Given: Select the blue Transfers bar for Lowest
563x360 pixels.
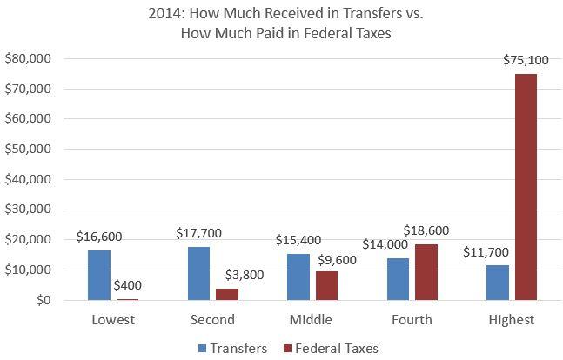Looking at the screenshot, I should pos(99,276).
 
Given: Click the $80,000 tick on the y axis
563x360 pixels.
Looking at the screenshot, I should pos(29,59).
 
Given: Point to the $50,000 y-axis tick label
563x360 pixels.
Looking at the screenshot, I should pos(29,150).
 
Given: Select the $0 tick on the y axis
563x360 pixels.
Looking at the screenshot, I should pos(42,300).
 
